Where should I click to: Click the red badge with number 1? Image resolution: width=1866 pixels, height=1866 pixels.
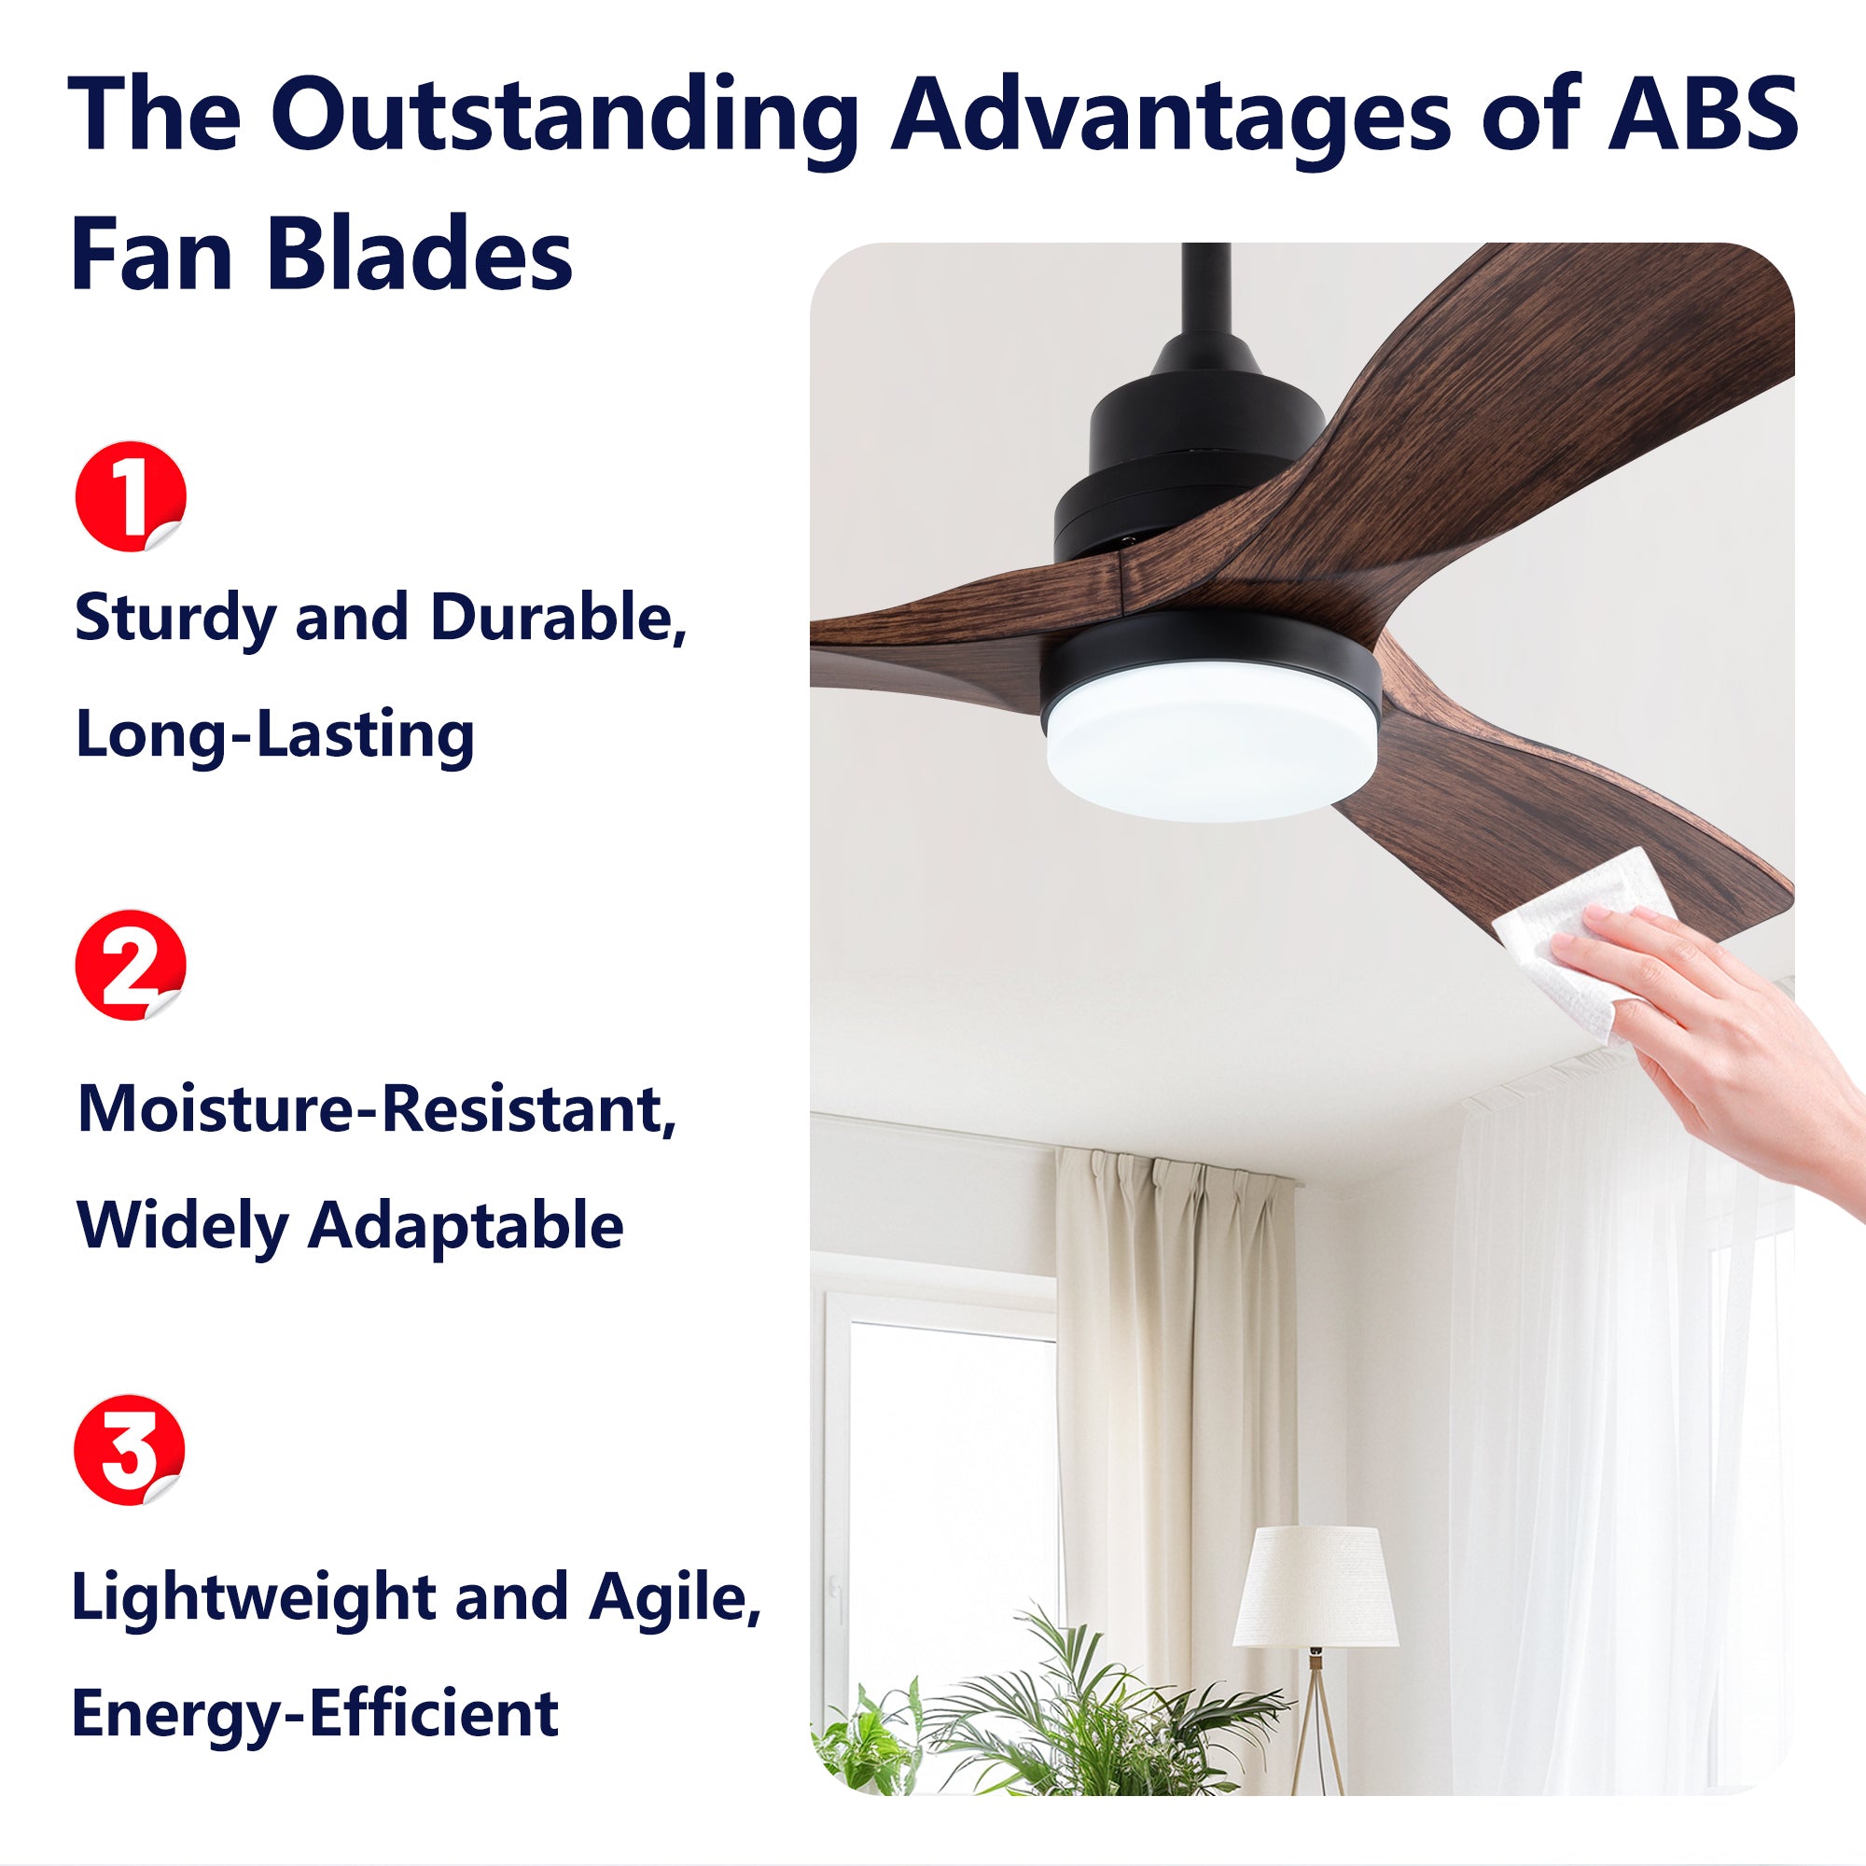point(130,496)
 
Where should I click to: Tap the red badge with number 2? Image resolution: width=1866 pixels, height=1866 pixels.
point(130,965)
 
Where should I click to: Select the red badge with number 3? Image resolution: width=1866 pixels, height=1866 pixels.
point(130,1450)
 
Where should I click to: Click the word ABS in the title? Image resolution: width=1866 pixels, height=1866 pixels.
point(1701,113)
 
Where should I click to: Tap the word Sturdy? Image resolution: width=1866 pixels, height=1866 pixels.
point(174,619)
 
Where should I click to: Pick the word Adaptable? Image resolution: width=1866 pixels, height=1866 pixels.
point(466,1227)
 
